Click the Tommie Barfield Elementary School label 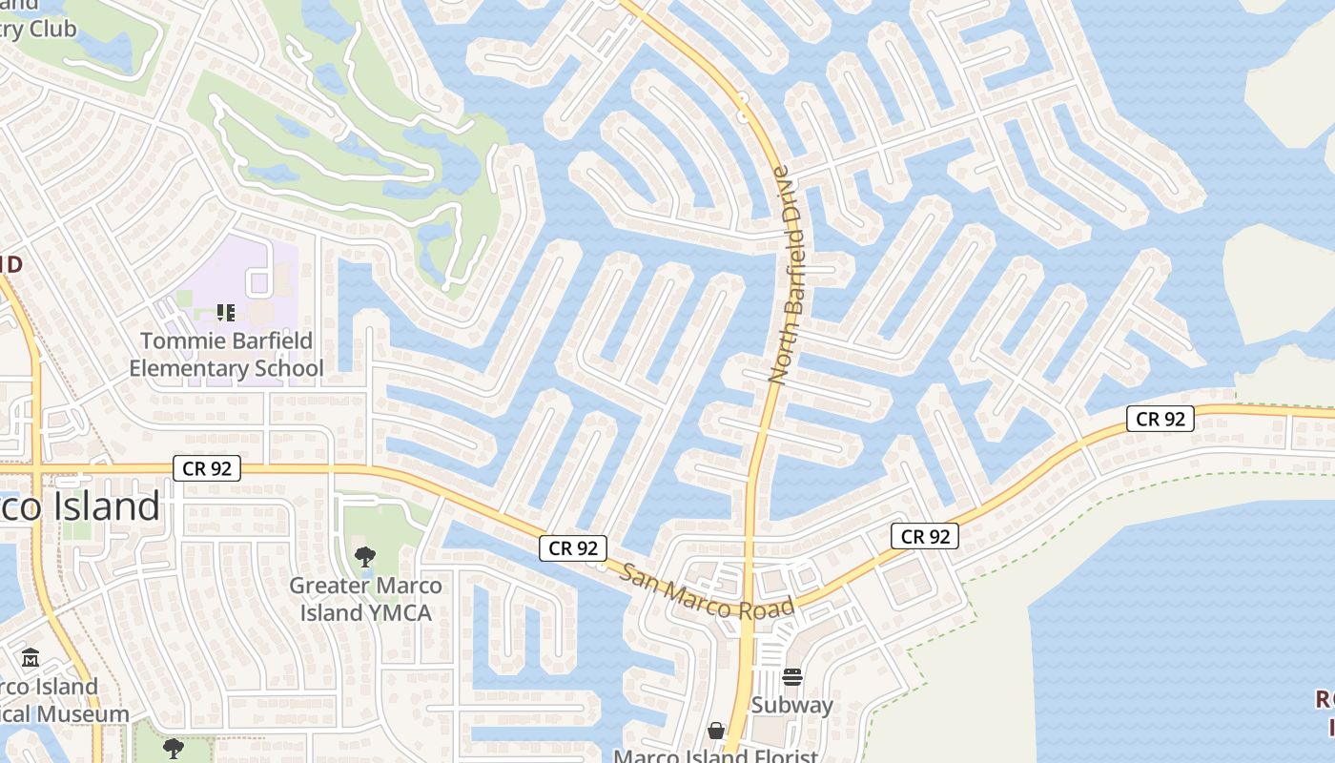click(226, 354)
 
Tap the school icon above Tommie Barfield click(226, 312)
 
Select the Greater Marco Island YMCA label click(365, 599)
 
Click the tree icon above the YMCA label click(364, 556)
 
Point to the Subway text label click(792, 705)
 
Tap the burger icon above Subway click(792, 677)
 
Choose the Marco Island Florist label click(715, 756)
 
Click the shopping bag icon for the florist click(716, 731)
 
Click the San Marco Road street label click(707, 591)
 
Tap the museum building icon click(31, 657)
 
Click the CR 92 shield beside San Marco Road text click(574, 547)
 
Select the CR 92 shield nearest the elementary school click(207, 468)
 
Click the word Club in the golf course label click(52, 30)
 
